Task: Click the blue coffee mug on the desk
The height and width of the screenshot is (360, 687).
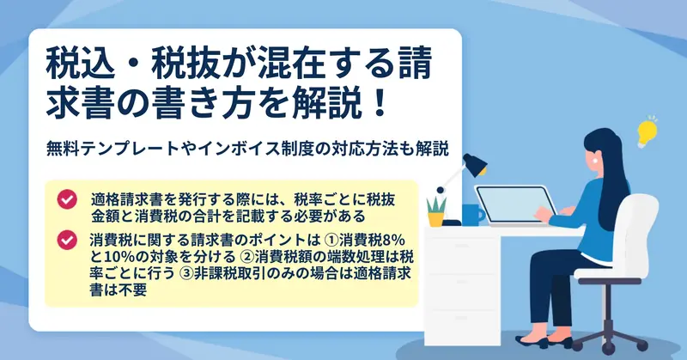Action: pyautogui.click(x=472, y=215)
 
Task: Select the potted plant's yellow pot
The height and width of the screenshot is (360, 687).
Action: pyautogui.click(x=435, y=219)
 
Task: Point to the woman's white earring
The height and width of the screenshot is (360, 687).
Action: pyautogui.click(x=596, y=161)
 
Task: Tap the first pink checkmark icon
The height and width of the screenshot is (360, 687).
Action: pyautogui.click(x=67, y=199)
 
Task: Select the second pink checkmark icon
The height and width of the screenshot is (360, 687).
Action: pyautogui.click(x=67, y=241)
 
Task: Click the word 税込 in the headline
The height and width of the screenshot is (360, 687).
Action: pyautogui.click(x=81, y=64)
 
